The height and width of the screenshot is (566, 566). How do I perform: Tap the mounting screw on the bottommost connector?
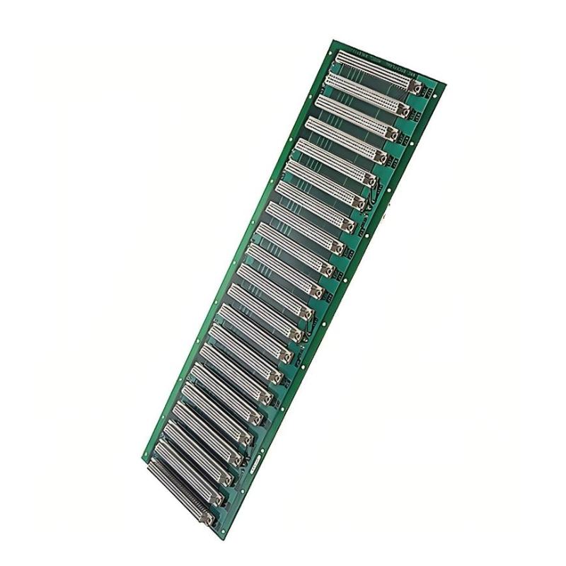point(208,519)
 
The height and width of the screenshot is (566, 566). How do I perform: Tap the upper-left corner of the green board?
point(332,40)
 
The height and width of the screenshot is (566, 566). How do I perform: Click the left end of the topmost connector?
point(338,54)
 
